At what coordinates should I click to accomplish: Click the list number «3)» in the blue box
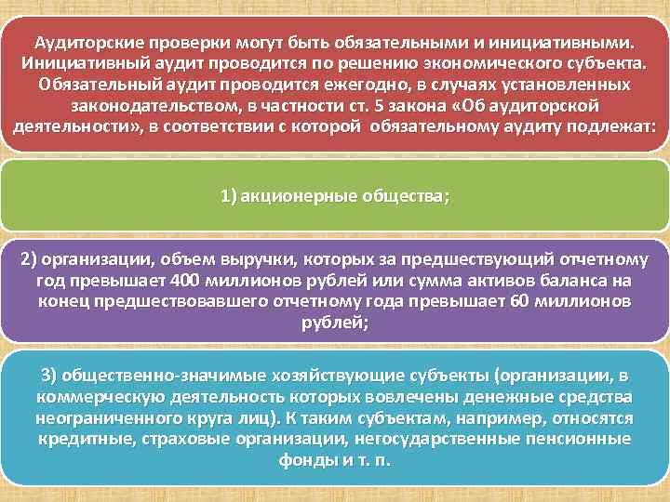click(x=50, y=376)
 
